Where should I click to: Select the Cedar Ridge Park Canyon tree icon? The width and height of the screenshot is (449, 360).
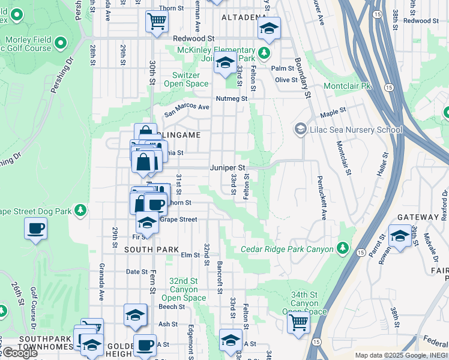click(x=343, y=248)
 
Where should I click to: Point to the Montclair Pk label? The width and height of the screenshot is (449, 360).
click(x=348, y=86)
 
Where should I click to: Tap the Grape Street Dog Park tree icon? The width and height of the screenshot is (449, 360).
click(x=79, y=211)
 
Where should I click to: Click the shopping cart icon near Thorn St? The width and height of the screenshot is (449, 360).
click(x=157, y=22)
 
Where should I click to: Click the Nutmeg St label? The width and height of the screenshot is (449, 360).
click(x=232, y=98)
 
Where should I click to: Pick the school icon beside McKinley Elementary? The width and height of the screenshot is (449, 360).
click(x=225, y=62)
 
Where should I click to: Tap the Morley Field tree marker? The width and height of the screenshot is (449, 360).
click(x=61, y=43)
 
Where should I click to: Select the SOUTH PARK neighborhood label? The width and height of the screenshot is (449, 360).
click(x=151, y=249)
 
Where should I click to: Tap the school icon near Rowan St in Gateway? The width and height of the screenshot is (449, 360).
click(x=399, y=236)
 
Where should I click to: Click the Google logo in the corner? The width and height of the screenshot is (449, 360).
click(x=19, y=353)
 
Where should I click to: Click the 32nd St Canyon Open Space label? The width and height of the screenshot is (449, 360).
click(x=183, y=289)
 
